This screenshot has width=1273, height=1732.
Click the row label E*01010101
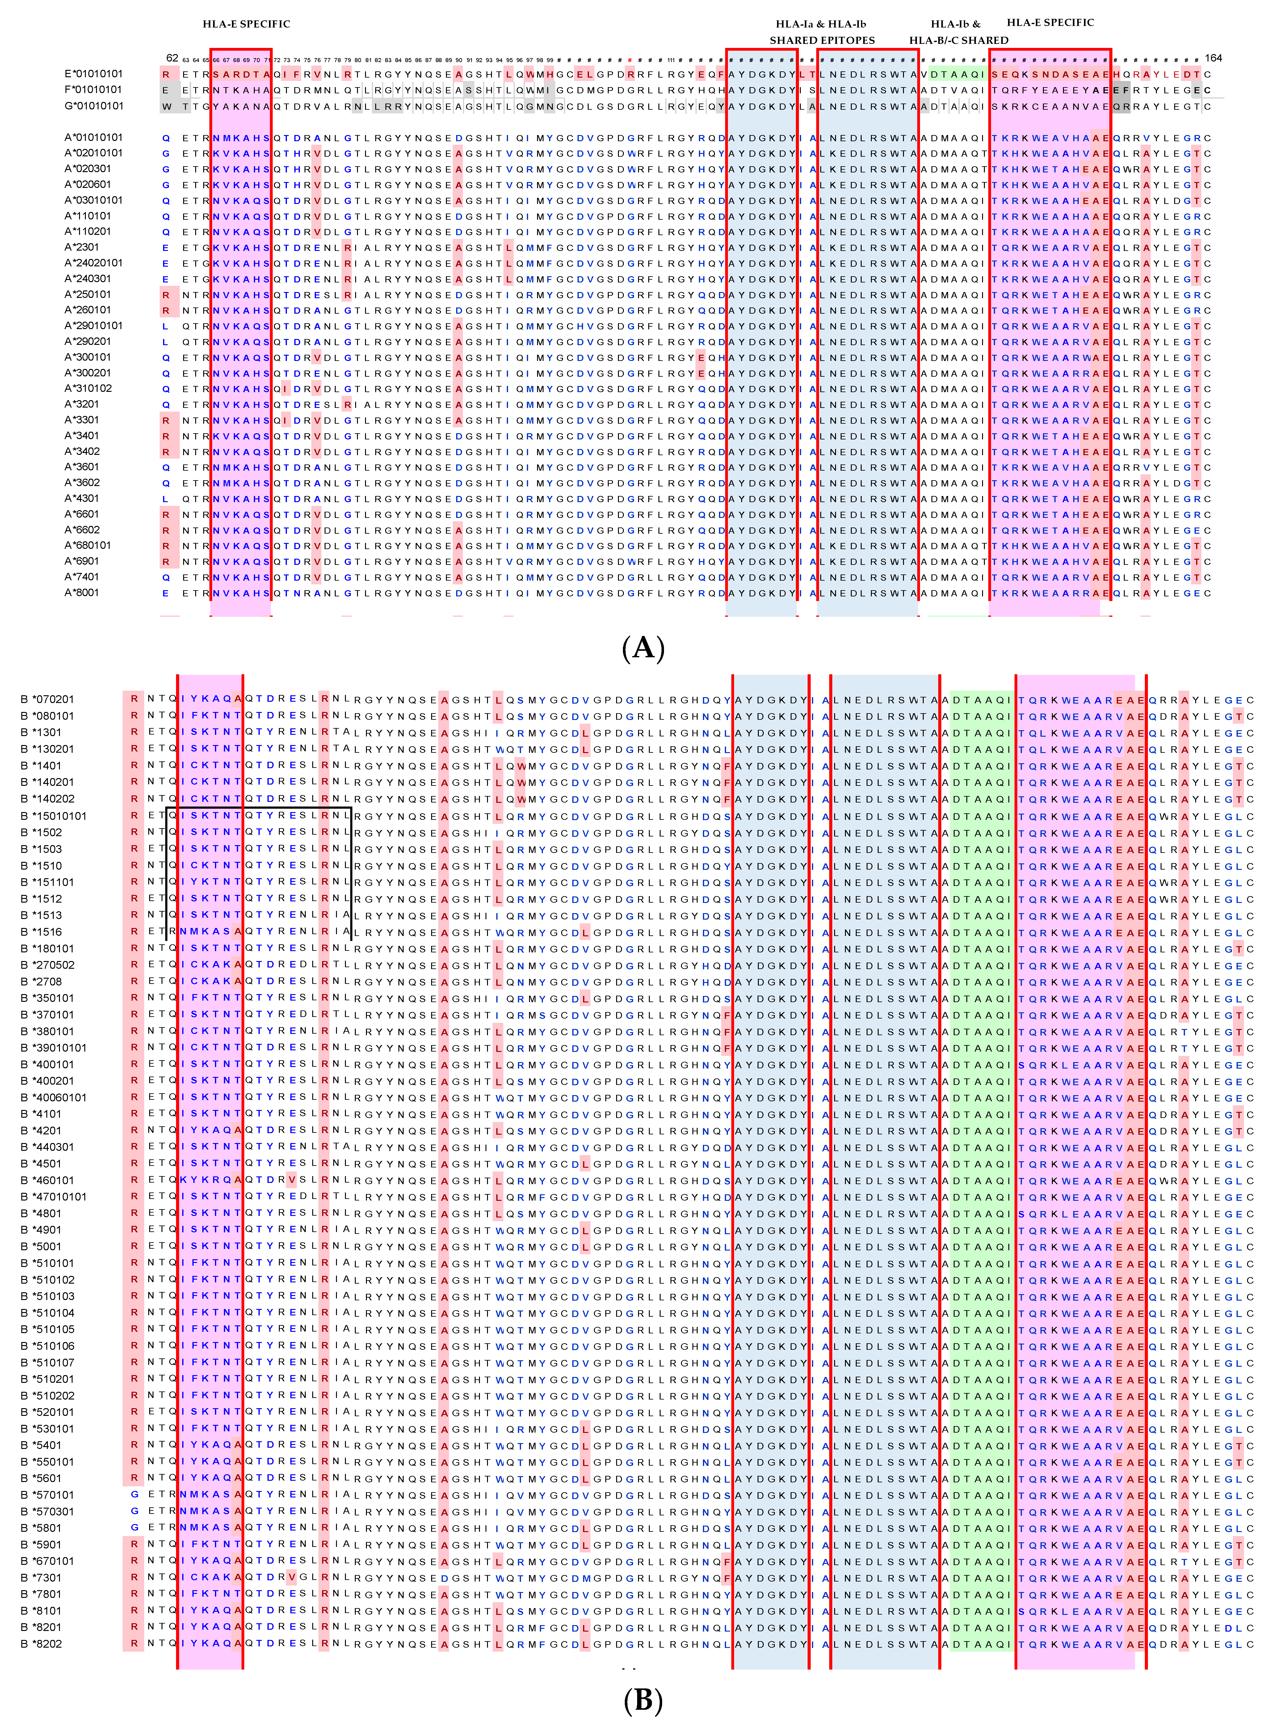pyautogui.click(x=93, y=74)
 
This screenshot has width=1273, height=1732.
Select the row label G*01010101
pyautogui.click(x=93, y=106)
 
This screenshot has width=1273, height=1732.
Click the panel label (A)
pyautogui.click(x=643, y=648)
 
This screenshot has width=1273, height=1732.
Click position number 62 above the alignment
pyautogui.click(x=172, y=58)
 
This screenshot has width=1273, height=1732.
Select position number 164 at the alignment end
pyautogui.click(x=1214, y=58)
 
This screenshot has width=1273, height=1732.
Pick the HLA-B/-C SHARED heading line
pyautogui.click(x=959, y=40)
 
